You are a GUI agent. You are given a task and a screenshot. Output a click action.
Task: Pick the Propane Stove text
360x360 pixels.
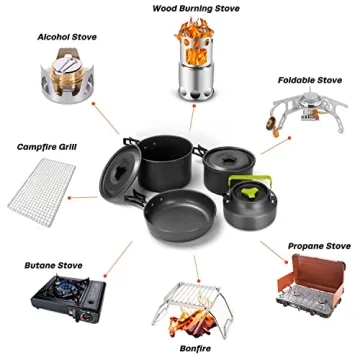318,244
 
